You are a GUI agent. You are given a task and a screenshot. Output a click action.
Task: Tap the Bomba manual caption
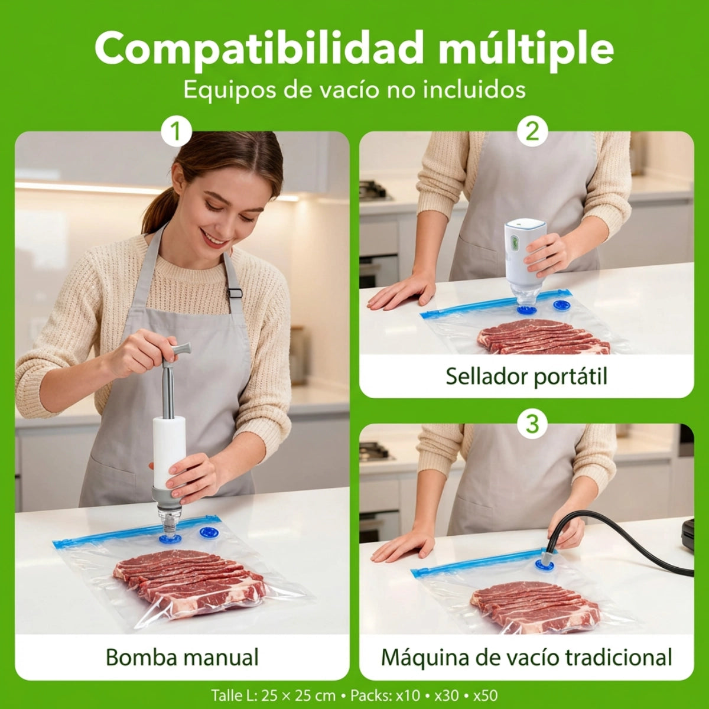click(x=182, y=656)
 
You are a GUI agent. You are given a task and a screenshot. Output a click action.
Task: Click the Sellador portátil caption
click(x=526, y=376)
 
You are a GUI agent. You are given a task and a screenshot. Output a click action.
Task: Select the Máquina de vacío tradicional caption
click(x=526, y=656)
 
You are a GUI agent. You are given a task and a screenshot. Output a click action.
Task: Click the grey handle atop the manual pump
click(x=181, y=349)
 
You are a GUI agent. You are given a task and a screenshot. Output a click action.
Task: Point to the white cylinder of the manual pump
click(x=169, y=446)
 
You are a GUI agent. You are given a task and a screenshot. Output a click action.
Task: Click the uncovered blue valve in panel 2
click(x=560, y=305)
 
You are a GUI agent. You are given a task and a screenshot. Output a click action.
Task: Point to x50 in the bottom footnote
click(x=485, y=695)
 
